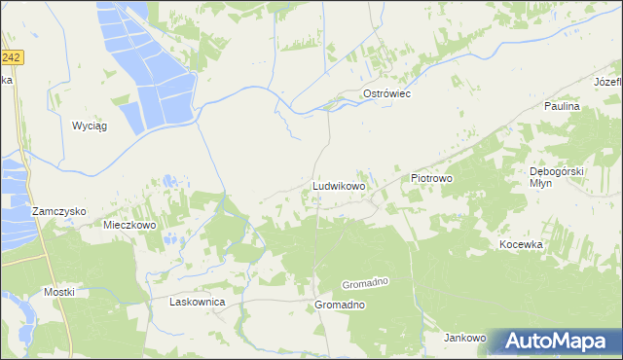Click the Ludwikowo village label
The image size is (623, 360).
click(x=338, y=184)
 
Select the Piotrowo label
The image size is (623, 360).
click(x=433, y=179)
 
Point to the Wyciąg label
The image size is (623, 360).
click(x=89, y=126)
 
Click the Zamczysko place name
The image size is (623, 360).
click(x=58, y=211)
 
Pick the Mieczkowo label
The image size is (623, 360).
click(x=129, y=224)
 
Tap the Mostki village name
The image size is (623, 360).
click(x=58, y=292)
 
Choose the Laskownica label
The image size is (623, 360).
click(x=198, y=303)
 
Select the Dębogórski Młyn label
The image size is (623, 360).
click(x=556, y=177)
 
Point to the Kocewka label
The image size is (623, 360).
click(x=520, y=245)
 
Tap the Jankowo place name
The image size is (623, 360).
click(x=464, y=339)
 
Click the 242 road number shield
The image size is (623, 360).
click(x=11, y=58)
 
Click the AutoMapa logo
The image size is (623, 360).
click(x=560, y=342)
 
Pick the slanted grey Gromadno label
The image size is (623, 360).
click(x=365, y=282)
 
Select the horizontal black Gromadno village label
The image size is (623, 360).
click(x=340, y=305)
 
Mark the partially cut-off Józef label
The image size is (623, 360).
click(x=607, y=80)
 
